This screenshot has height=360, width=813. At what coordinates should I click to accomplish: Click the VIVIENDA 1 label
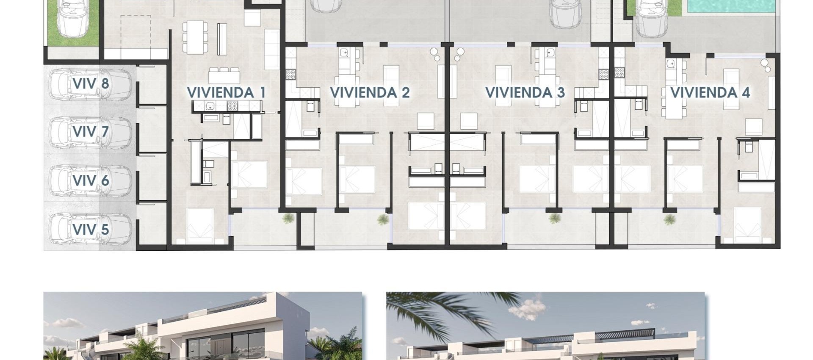point(226,92)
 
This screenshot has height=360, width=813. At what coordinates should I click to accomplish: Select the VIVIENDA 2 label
point(370,92)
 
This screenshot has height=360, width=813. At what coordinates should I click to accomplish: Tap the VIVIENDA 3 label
point(525,92)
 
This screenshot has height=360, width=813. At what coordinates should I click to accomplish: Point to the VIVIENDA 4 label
point(710,92)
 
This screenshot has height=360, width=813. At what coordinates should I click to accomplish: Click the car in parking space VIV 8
point(90,84)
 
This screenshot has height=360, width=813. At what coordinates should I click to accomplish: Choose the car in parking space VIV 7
point(90,132)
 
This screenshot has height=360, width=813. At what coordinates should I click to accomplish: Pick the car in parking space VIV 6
point(90,180)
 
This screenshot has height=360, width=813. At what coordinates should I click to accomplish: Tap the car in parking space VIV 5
point(90,229)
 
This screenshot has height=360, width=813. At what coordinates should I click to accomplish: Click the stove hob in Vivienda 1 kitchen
point(232,106)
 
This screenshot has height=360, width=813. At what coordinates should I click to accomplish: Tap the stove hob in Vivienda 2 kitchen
point(291,75)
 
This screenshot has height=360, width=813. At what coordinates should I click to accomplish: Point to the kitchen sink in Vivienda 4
point(671,64)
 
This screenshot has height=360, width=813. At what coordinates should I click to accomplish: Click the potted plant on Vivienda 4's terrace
point(669,219)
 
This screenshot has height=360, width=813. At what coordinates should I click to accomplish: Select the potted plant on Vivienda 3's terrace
point(554,219)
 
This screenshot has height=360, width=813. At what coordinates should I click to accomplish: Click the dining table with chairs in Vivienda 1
point(195,37)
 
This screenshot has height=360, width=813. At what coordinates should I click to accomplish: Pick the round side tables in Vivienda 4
point(765,66)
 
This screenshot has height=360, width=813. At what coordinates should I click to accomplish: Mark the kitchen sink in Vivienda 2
point(344,53)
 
